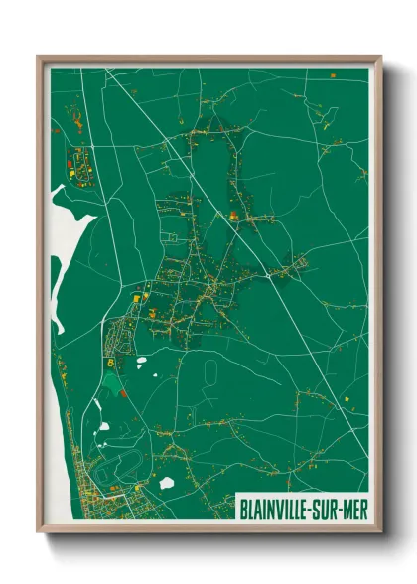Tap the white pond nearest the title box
pyautogui.click(x=167, y=483)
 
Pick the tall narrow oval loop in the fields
pyautogui.click(x=210, y=373)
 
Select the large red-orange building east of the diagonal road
pyautogui.click(x=232, y=214)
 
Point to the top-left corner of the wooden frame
pyautogui.click(x=40, y=58)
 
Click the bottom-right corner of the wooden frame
pyautogui.click(x=380, y=531)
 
